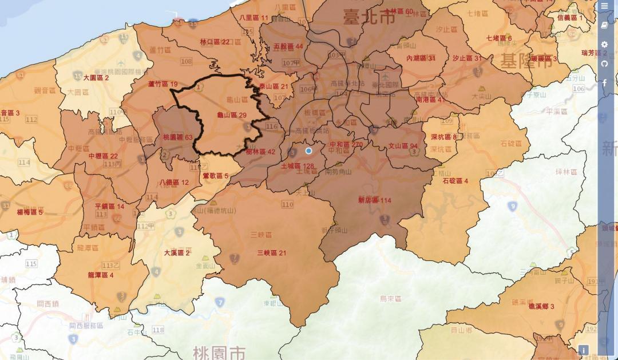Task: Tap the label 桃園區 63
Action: coord(178,138)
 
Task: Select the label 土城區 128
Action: coord(298,167)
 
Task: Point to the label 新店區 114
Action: coord(374,200)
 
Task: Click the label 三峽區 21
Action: coord(272,253)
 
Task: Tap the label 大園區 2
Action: coord(96,77)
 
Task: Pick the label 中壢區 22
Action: coord(103,156)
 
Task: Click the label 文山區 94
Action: coord(403,146)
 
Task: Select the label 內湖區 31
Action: coord(421,58)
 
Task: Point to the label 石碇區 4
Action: coord(455,181)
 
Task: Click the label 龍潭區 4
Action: coord(101,275)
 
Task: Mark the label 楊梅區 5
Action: coord(30,212)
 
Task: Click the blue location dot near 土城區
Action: coord(309,151)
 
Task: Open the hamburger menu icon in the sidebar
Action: coord(605,6)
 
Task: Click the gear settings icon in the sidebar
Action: coord(605,45)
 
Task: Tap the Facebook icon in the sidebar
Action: coord(605,83)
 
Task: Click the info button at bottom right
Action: coord(584,350)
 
